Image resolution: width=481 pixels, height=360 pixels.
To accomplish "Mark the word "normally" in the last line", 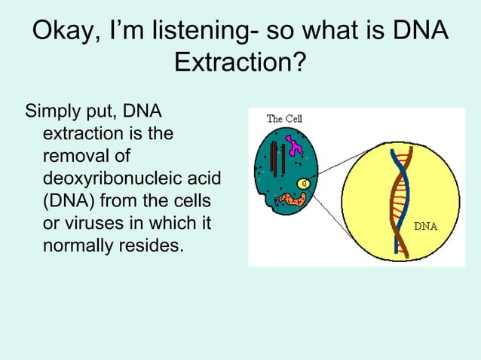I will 78,245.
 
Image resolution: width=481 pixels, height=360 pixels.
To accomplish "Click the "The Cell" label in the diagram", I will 284,119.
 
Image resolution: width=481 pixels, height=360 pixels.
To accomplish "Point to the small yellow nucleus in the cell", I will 303,182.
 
